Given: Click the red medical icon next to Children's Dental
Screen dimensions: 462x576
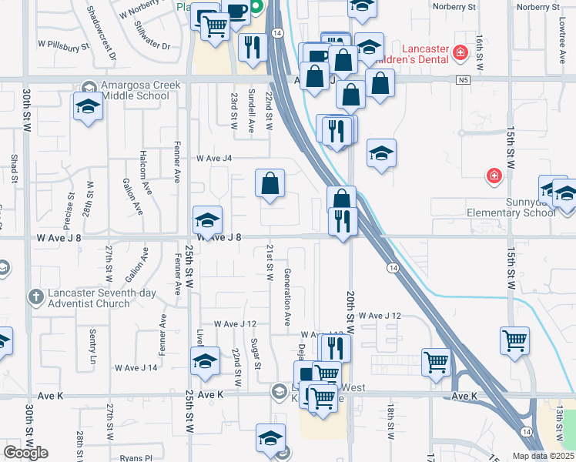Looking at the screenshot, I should pos(460,52).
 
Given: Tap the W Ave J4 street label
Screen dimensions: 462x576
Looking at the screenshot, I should pos(214,158).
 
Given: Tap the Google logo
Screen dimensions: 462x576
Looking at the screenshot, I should pos(25,452).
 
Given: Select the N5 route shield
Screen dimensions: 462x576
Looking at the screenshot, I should pos(461,79).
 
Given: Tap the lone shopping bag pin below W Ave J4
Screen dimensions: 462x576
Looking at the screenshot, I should pos(270,185).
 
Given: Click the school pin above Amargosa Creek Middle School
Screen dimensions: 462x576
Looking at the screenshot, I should pos(88,107).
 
